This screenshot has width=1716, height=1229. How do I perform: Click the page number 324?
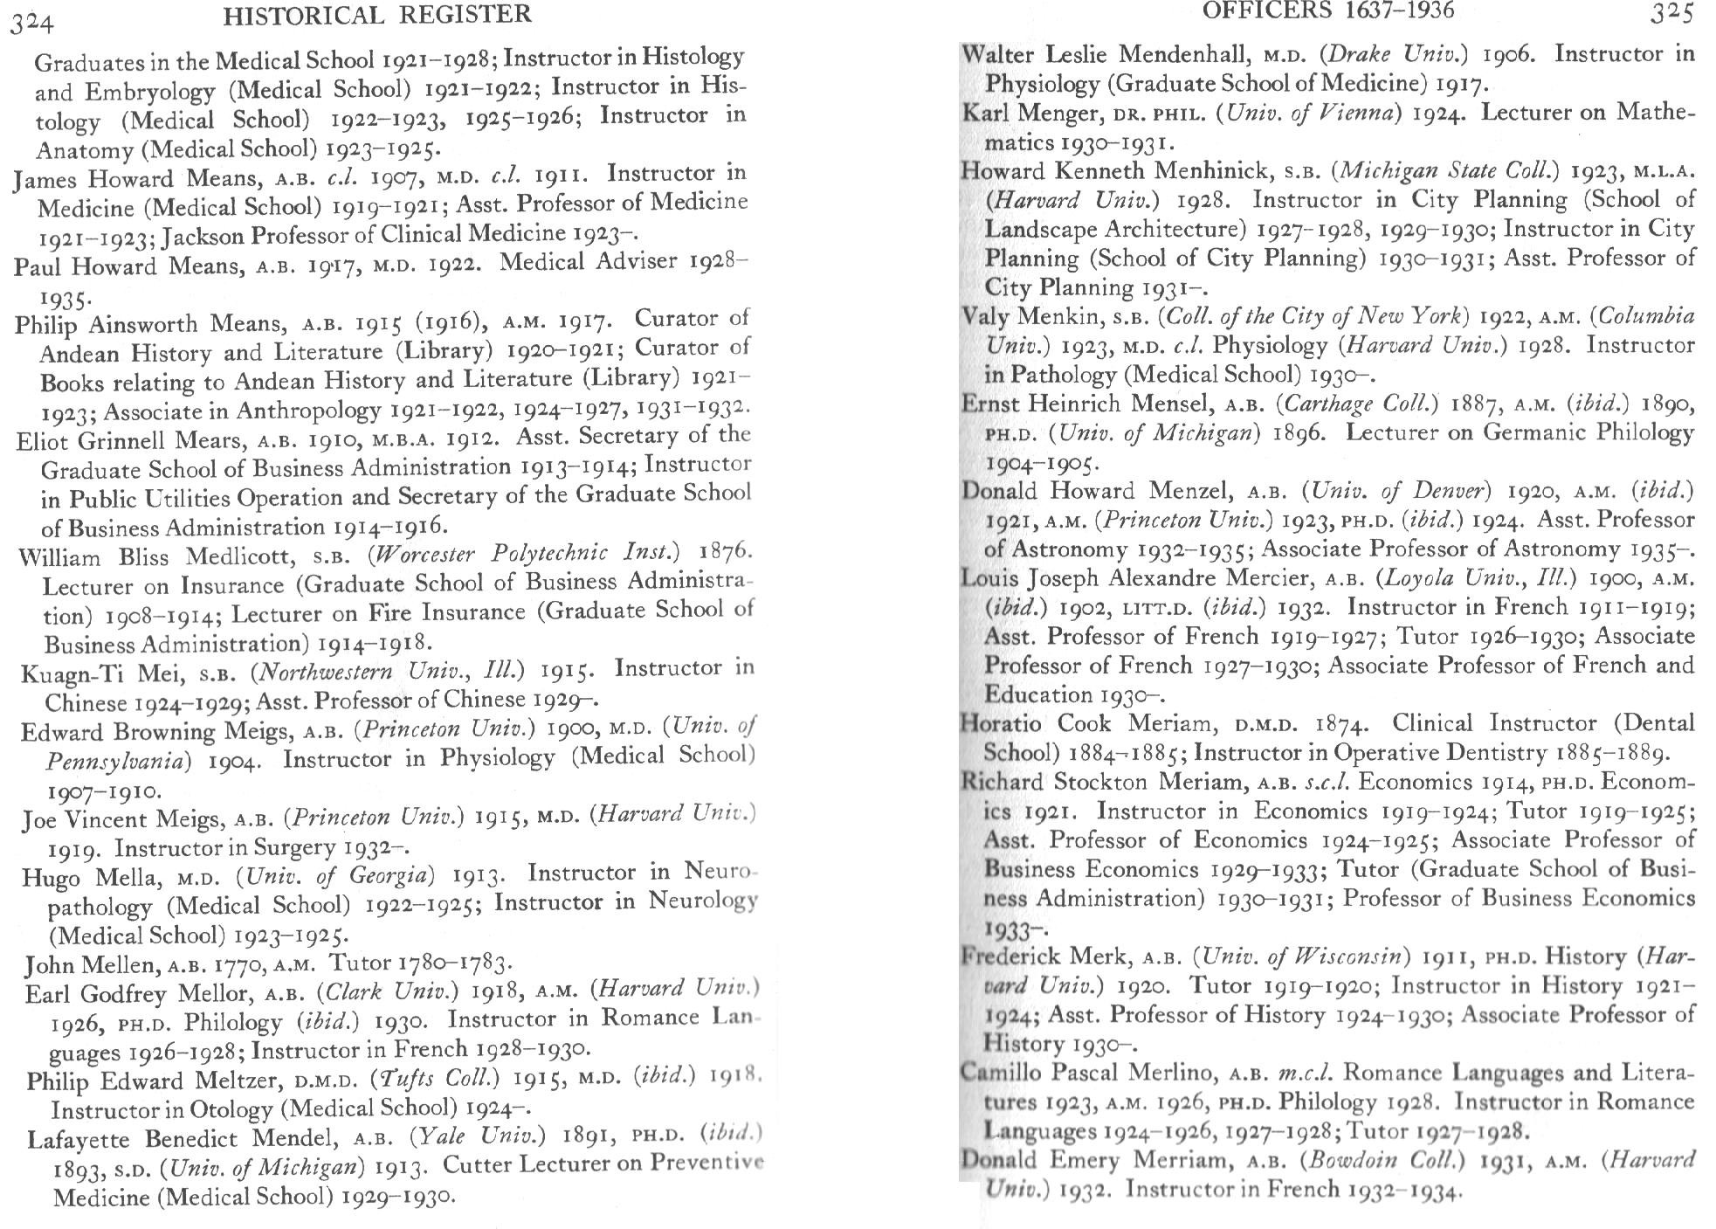coord(32,23)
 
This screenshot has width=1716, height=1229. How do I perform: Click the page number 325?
coord(1671,13)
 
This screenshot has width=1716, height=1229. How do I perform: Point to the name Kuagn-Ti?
coord(65,674)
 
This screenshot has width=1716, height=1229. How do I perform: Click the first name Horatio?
coord(1001,724)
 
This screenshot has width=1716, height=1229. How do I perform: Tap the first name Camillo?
coord(1002,1074)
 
